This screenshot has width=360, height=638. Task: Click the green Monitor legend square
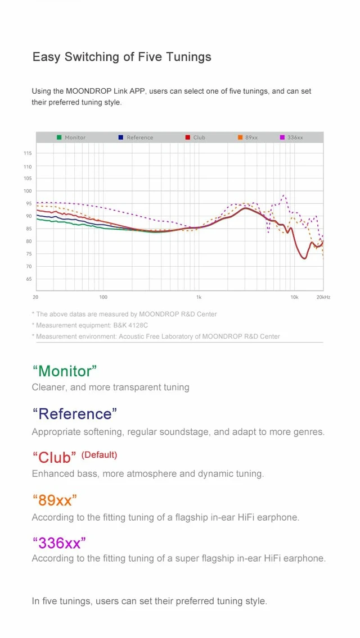[x=59, y=138]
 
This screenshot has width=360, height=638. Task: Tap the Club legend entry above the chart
[x=195, y=138]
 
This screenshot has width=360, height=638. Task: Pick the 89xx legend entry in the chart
[x=248, y=138]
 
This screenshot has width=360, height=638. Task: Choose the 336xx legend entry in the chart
[x=291, y=138]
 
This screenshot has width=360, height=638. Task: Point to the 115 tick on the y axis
[x=28, y=153]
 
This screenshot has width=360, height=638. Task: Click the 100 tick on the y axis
[x=28, y=191]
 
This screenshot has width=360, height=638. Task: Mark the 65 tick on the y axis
[x=29, y=279]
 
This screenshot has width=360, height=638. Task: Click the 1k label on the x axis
[x=199, y=298]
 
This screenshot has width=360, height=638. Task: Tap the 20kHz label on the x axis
[x=323, y=298]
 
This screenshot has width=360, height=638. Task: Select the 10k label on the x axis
[x=294, y=298]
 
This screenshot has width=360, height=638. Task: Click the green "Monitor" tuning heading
[x=65, y=371]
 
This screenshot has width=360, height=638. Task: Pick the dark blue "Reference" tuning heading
[x=75, y=414]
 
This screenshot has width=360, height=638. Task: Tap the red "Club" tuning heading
[x=54, y=457]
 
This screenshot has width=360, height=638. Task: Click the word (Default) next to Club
[x=99, y=455]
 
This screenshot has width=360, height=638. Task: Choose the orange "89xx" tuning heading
[x=54, y=500]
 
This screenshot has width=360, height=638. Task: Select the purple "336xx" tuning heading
[x=59, y=543]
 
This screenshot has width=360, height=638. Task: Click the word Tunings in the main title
[x=188, y=57]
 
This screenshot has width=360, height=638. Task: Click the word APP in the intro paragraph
[x=138, y=91]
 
